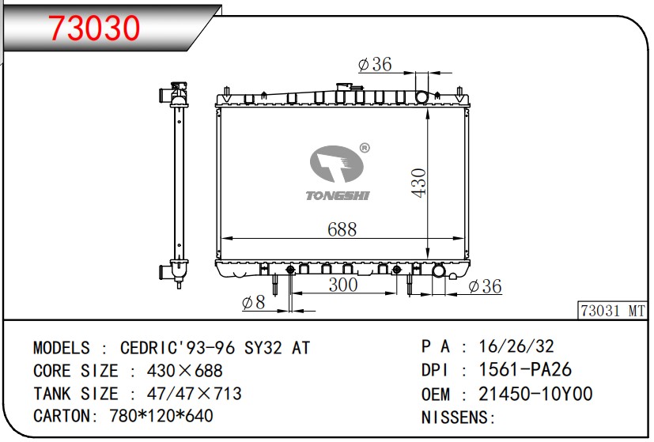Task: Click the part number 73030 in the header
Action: point(94,28)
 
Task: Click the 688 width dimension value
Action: point(342,229)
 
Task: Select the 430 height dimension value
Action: point(418,183)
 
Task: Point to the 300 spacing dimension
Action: point(342,285)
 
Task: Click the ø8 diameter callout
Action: point(253,302)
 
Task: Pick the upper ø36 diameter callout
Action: point(374,65)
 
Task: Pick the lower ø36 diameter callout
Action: point(484,286)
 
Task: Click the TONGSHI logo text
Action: point(338,195)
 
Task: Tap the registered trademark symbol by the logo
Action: point(365,148)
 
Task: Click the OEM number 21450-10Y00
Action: point(535,394)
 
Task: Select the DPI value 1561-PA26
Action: point(525,370)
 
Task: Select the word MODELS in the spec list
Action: point(62,347)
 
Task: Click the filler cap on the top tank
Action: point(345,87)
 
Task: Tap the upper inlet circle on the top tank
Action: point(421,97)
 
